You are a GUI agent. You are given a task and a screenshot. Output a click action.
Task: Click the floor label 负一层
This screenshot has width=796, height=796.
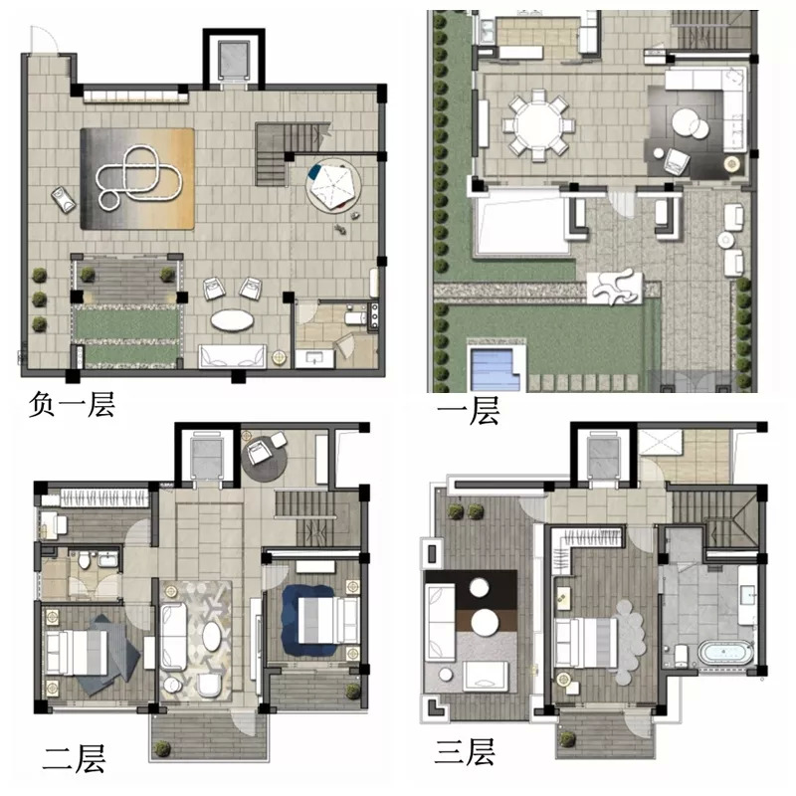tap(72, 405)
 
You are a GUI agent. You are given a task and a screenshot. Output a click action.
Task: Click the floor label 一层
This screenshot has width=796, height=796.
tap(469, 410)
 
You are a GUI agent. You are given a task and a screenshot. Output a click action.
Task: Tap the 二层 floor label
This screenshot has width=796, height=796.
tap(75, 758)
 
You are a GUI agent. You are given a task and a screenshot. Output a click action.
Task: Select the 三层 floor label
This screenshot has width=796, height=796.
tap(465, 752)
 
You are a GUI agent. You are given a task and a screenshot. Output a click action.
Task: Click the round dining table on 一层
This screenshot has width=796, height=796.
tap(538, 125)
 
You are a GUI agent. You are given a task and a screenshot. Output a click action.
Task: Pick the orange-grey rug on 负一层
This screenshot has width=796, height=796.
tap(137, 179)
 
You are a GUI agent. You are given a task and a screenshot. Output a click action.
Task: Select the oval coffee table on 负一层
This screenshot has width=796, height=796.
tap(233, 320)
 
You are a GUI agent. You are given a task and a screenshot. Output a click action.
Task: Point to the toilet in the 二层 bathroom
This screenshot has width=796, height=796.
tap(85, 560)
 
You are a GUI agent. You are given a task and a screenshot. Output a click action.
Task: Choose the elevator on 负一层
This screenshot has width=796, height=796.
tap(234, 61)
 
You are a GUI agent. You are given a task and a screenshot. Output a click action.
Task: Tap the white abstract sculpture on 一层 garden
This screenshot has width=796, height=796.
tap(615, 288)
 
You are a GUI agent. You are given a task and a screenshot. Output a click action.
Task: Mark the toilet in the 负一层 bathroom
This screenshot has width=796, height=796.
tap(355, 318)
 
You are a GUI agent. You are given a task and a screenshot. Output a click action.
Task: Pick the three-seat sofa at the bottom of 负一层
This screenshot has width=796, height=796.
tap(233, 356)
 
